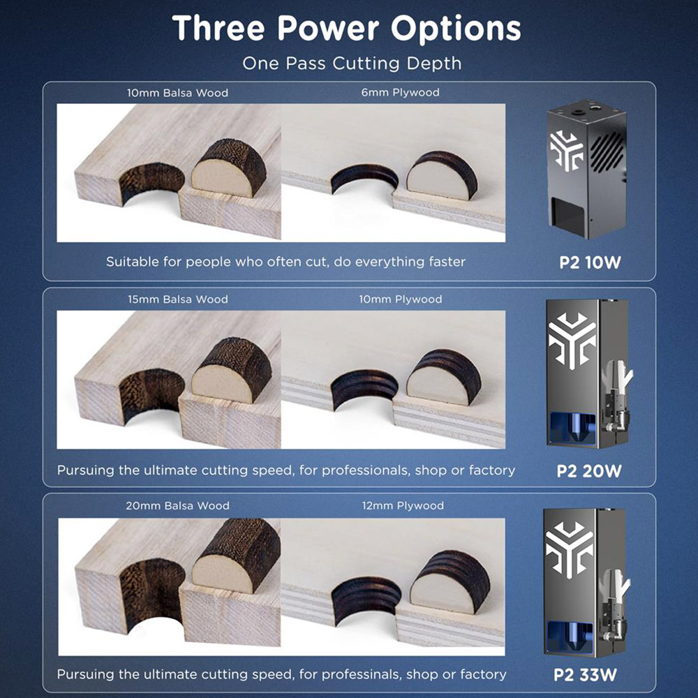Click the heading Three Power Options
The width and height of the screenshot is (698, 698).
(x=346, y=29)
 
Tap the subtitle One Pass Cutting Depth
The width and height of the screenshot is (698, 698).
(x=352, y=64)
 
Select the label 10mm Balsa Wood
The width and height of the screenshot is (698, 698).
(x=177, y=93)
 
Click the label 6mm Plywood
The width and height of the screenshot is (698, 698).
(x=400, y=92)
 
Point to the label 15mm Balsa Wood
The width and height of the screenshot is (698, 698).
(x=177, y=299)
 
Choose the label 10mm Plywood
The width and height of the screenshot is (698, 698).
(x=401, y=299)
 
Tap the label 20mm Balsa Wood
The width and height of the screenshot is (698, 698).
(x=177, y=505)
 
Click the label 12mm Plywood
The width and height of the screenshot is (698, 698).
(x=403, y=505)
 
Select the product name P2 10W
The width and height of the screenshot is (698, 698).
(x=590, y=262)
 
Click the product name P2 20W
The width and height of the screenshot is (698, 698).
(x=589, y=471)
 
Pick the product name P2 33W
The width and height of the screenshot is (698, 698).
(x=586, y=674)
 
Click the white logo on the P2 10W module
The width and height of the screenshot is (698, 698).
(x=566, y=151)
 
